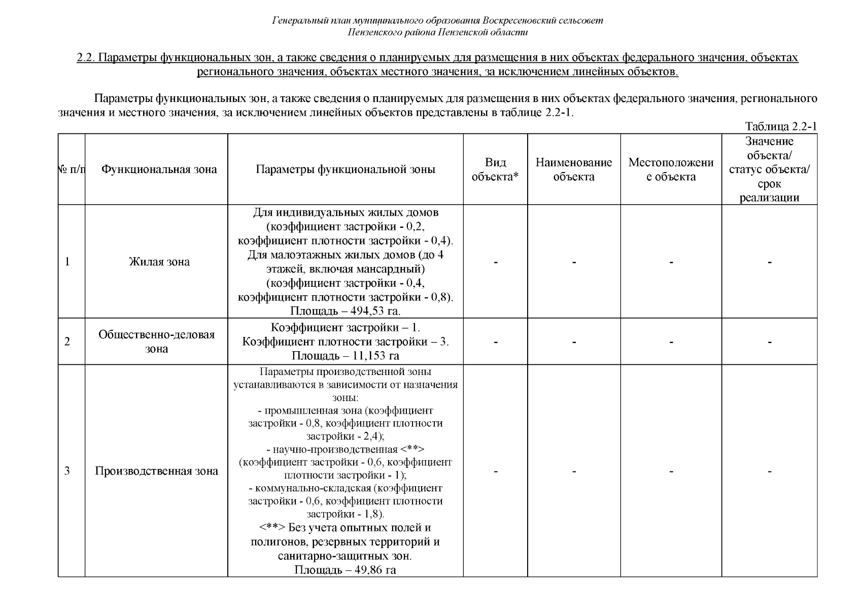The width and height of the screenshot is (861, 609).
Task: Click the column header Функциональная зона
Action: pos(159,170)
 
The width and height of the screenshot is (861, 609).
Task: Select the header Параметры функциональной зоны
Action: pos(345,170)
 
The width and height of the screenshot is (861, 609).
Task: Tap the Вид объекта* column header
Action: pos(495,170)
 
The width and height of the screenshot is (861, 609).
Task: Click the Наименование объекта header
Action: pos(573,170)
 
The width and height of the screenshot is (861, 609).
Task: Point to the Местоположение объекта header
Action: pos(671,170)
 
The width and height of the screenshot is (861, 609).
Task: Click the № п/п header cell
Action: pos(72,170)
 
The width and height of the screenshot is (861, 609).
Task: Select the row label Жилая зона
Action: pos(159,262)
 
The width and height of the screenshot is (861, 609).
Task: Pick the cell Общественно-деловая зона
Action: pos(156,342)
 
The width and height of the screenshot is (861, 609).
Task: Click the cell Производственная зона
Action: pos(156,471)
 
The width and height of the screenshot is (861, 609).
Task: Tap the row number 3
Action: pos(67,471)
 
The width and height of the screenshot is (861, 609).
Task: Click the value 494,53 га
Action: pos(373,311)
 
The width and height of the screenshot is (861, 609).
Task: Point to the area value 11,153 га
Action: pos(374,356)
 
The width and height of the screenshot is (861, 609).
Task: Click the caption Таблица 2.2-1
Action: pos(780,126)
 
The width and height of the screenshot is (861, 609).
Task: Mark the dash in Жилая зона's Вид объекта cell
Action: pos(495,262)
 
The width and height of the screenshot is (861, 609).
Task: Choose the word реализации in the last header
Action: pos(769,198)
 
